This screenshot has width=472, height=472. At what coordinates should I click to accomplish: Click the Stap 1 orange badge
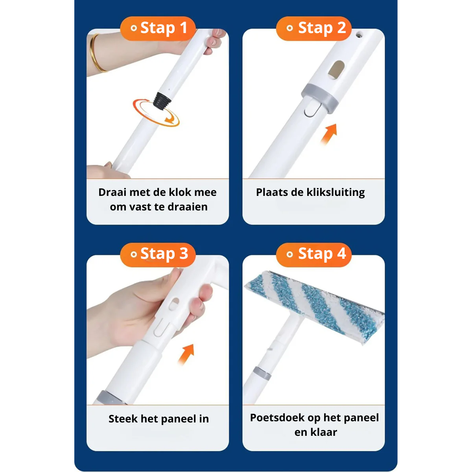coord(158,28)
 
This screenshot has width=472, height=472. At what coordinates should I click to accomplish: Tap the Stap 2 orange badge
coord(314,28)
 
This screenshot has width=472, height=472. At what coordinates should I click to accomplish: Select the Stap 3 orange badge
coord(158,254)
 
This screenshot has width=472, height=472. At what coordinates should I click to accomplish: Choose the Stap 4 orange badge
coord(314,254)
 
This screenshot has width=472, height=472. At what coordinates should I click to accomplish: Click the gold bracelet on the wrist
coord(95,53)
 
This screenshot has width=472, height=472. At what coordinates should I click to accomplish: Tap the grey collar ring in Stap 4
coord(262,373)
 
